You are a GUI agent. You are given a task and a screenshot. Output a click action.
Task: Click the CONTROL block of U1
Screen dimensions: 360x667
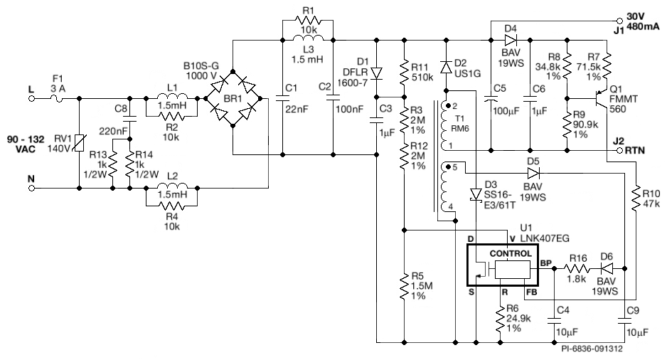click(509, 253)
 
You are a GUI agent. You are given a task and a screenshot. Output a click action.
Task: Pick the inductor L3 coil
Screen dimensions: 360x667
click(308, 39)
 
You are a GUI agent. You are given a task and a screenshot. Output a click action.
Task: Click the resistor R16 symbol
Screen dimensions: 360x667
click(577, 268)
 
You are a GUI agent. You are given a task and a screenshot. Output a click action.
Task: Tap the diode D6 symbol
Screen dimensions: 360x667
click(606, 268)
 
